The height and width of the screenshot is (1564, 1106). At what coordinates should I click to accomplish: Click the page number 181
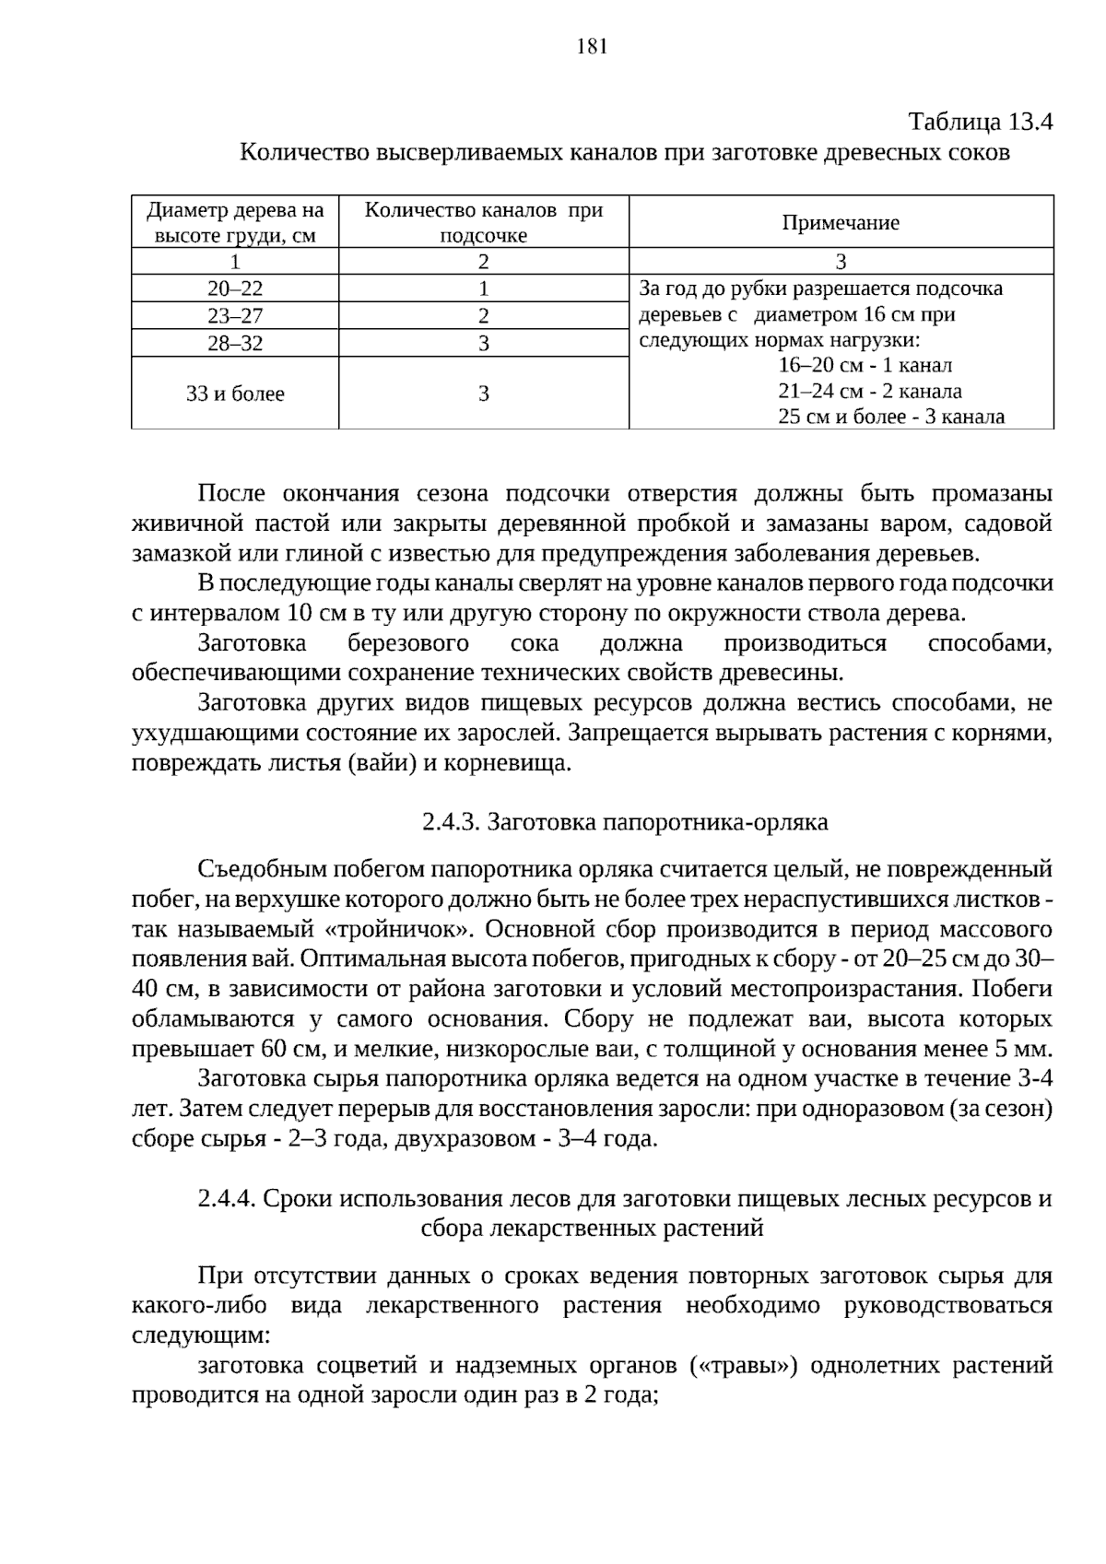click(592, 47)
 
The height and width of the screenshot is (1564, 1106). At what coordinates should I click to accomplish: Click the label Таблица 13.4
click(980, 122)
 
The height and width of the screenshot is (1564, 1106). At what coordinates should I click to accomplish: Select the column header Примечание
click(841, 222)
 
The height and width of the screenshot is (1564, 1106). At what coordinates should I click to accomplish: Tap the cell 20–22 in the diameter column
click(235, 288)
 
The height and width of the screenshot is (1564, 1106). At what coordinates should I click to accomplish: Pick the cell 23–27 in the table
click(235, 316)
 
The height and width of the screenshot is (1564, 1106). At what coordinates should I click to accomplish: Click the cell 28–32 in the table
click(235, 344)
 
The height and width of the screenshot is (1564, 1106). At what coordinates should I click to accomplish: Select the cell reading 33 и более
click(235, 394)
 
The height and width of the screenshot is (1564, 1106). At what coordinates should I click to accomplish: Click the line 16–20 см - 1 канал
click(865, 365)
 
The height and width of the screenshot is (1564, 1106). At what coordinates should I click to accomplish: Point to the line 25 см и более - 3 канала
click(890, 417)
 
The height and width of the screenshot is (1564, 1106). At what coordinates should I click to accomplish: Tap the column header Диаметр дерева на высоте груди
click(235, 222)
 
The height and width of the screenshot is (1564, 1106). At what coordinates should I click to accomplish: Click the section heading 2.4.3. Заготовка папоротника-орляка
click(625, 821)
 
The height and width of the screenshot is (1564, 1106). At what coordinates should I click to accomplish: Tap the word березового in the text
click(407, 643)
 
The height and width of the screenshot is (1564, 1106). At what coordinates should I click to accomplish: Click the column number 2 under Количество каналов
click(483, 262)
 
